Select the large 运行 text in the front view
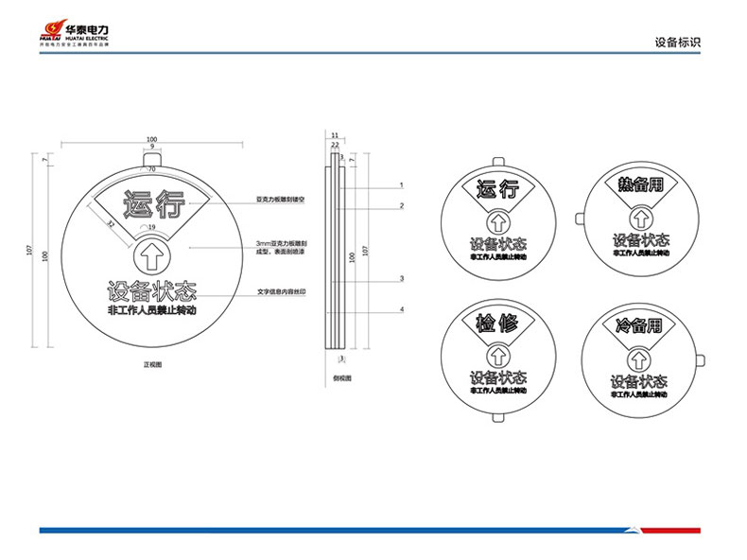point(151,203)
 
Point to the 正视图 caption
point(151,363)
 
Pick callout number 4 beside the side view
point(402,309)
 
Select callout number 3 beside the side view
point(402,278)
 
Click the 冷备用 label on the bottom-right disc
point(639,326)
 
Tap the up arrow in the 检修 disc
point(497,356)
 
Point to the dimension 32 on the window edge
point(112,224)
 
